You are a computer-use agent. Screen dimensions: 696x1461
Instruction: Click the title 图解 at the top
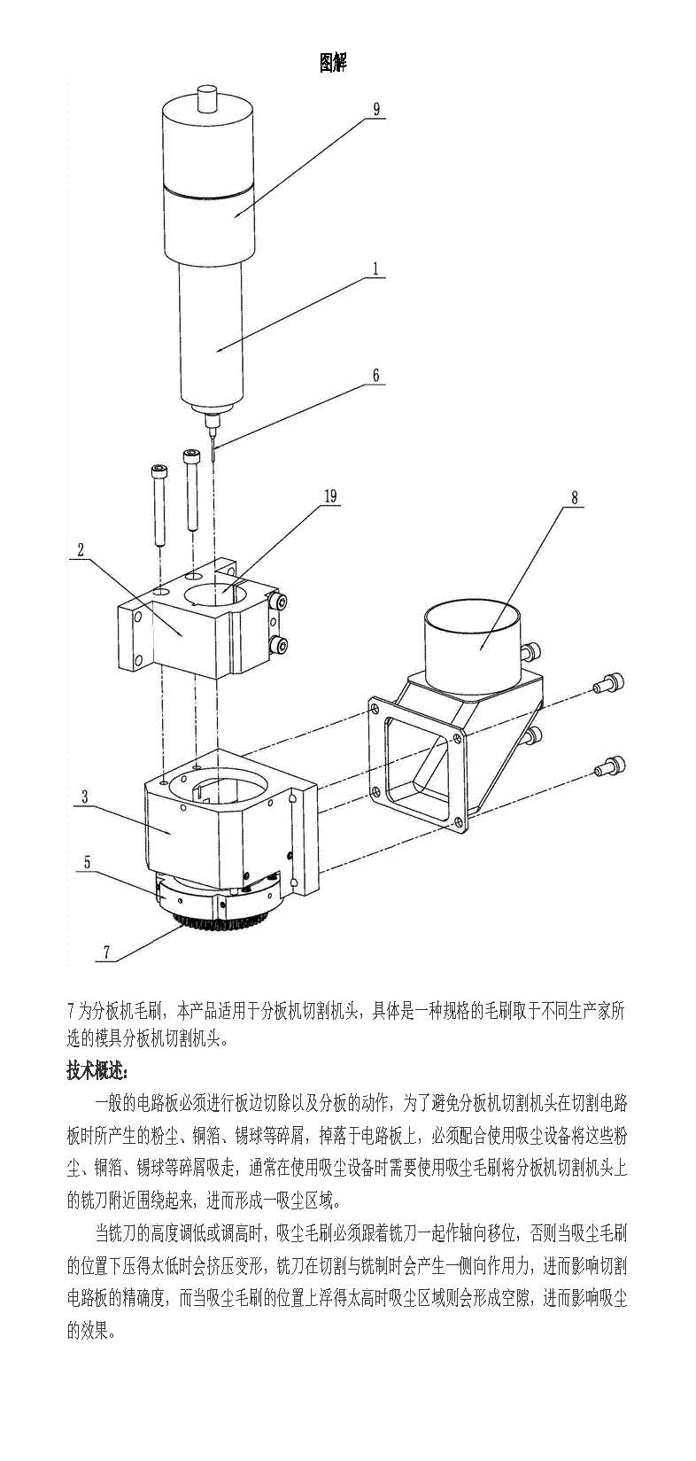tap(333, 63)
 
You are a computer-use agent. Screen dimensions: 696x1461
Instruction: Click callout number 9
tap(376, 109)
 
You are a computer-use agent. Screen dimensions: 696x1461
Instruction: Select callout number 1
tap(376, 268)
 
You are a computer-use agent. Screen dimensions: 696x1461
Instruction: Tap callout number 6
tap(376, 375)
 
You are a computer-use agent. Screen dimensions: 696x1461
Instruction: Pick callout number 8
tap(574, 497)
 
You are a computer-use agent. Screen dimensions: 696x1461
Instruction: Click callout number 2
tap(81, 549)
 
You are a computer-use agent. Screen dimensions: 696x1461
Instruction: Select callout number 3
tap(84, 798)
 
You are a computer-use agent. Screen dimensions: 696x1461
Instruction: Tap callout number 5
tap(86, 862)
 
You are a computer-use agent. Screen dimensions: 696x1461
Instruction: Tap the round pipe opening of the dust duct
tap(473, 614)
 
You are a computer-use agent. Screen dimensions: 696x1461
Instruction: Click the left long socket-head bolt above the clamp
tap(159, 504)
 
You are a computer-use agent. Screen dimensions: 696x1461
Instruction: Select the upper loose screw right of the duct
tap(608, 682)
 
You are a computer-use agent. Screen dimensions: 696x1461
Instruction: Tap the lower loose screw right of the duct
tap(608, 764)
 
